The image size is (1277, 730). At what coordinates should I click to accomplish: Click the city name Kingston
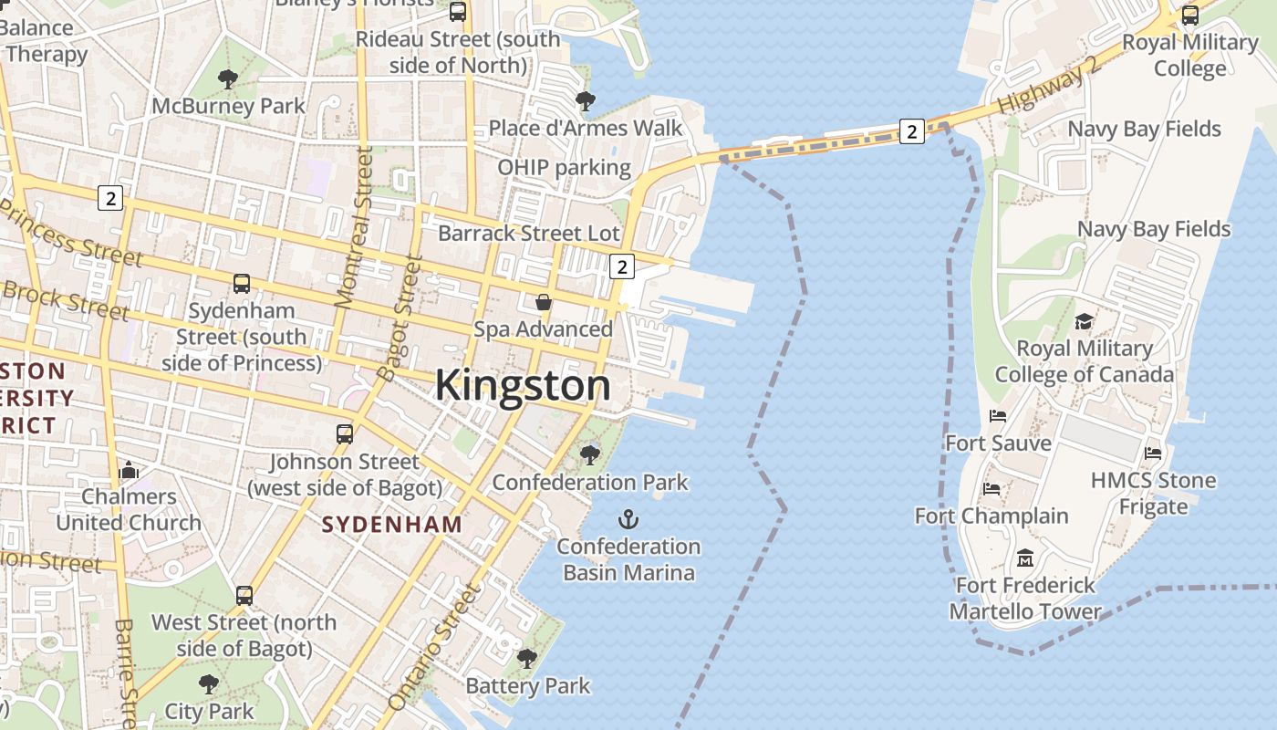pyautogui.click(x=523, y=385)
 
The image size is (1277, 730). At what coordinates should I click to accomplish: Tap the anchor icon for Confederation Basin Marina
pyautogui.click(x=628, y=520)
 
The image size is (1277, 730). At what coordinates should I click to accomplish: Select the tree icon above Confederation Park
pyautogui.click(x=590, y=454)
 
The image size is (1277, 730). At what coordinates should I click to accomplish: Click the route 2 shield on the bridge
pyautogui.click(x=911, y=131)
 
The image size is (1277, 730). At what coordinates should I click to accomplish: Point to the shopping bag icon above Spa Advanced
pyautogui.click(x=544, y=302)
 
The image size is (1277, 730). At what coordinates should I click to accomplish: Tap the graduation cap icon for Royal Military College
pyautogui.click(x=1084, y=321)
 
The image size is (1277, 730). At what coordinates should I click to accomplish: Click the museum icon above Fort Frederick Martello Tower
pyautogui.click(x=1025, y=558)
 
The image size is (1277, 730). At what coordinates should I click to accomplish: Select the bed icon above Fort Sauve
pyautogui.click(x=998, y=416)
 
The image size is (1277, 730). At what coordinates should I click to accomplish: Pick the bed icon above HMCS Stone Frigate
pyautogui.click(x=1153, y=453)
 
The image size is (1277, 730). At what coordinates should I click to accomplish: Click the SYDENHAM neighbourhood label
pyautogui.click(x=392, y=525)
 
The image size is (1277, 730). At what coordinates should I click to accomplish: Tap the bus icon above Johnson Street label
pyautogui.click(x=344, y=434)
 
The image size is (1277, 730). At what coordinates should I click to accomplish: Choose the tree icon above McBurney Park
pyautogui.click(x=228, y=79)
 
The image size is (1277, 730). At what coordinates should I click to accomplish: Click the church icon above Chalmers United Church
pyautogui.click(x=129, y=470)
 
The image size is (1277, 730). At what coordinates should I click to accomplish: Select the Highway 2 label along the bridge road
pyautogui.click(x=1050, y=89)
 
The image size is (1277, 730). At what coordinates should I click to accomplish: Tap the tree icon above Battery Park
pyautogui.click(x=527, y=659)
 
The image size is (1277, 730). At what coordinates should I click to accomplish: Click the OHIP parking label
pyautogui.click(x=564, y=167)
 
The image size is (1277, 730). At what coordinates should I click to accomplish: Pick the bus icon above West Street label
pyautogui.click(x=244, y=596)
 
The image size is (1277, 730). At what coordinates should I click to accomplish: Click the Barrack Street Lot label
pyautogui.click(x=529, y=233)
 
